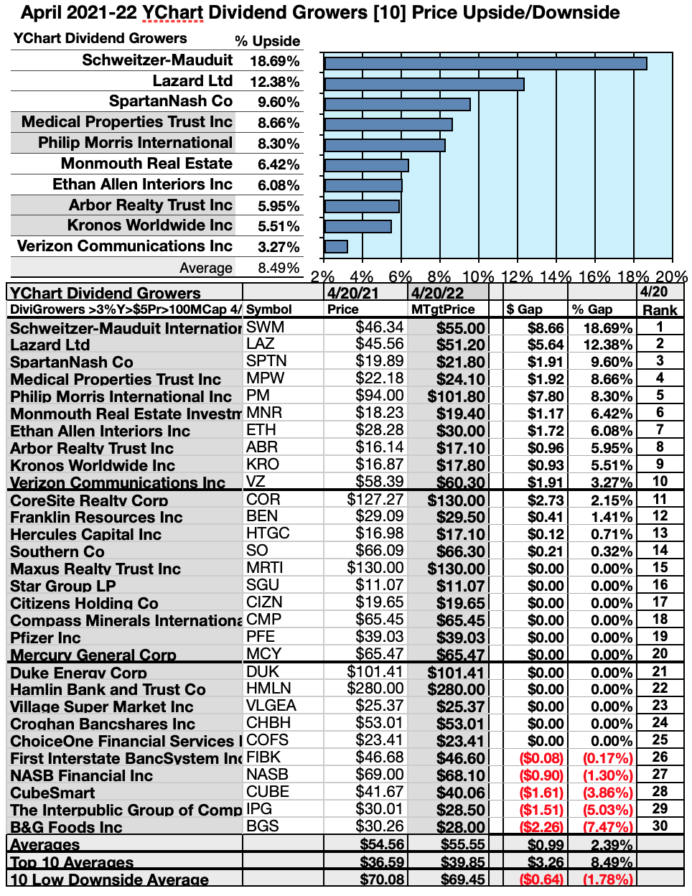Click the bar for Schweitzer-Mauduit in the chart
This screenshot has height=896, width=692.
(x=485, y=63)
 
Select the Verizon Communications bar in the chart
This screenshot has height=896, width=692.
(x=336, y=247)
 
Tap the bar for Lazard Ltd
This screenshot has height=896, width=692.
(x=424, y=84)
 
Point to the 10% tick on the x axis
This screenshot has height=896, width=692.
(x=478, y=276)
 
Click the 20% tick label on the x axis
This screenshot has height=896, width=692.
(x=672, y=276)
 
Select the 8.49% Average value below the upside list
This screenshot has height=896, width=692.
(x=279, y=268)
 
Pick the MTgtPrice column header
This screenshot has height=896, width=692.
(x=443, y=309)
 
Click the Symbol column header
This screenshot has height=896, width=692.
(x=269, y=309)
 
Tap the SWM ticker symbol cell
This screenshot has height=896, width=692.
(x=266, y=327)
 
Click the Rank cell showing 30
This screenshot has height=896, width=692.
(x=660, y=826)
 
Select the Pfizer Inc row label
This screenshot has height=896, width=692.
(x=45, y=638)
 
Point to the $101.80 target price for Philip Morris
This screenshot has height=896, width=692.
(x=457, y=396)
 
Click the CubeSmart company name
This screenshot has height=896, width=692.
(x=52, y=793)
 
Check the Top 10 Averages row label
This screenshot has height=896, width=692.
(x=72, y=862)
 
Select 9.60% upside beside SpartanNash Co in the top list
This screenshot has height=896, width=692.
(x=279, y=103)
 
